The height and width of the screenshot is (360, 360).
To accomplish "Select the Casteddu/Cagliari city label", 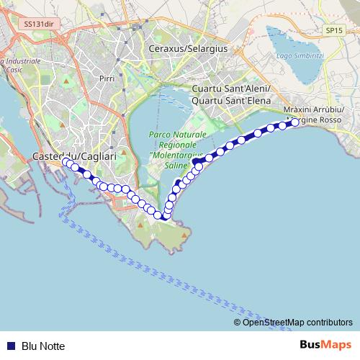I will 69,156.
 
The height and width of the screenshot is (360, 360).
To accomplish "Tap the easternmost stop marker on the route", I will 294,122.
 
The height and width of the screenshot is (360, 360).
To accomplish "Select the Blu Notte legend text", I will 43,346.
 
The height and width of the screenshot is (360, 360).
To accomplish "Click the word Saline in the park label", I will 176,165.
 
